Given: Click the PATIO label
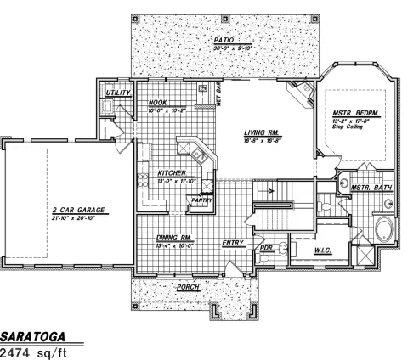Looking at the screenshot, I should click(x=224, y=39).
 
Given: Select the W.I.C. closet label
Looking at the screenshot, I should click(x=323, y=249).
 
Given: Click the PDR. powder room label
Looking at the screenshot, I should click(x=265, y=249).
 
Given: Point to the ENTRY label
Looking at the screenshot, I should click(x=234, y=243).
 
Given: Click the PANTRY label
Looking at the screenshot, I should click(x=201, y=199).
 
